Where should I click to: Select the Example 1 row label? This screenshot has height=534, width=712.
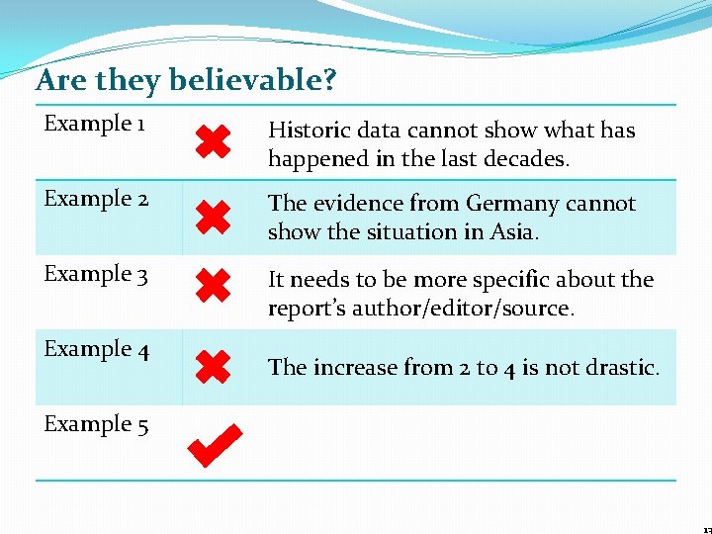tap(96, 125)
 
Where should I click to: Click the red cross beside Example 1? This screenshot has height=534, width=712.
tap(213, 141)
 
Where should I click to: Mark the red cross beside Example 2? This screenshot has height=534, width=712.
tap(213, 217)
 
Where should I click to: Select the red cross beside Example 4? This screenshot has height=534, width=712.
tap(213, 367)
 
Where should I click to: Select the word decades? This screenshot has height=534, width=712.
tap(531, 158)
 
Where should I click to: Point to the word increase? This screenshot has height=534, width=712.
tap(353, 368)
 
